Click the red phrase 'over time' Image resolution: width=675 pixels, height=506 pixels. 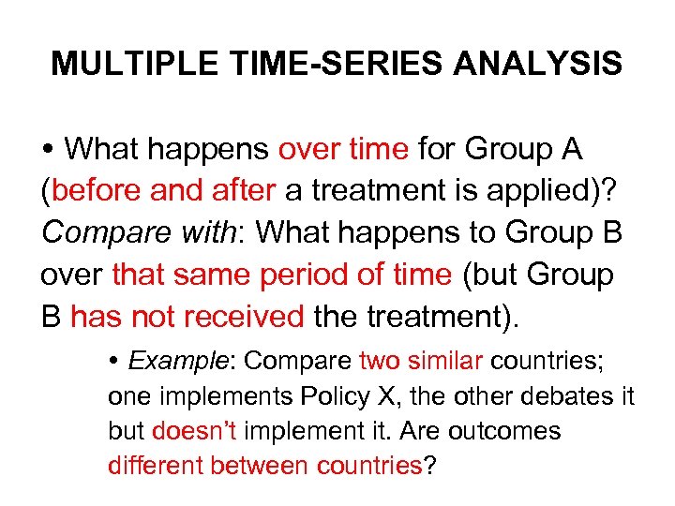pyautogui.click(x=343, y=148)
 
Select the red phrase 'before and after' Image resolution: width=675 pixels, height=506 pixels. pyautogui.click(x=164, y=190)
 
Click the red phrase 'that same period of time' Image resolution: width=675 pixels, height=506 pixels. pyautogui.click(x=281, y=275)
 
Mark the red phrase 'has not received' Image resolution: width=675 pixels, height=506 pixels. pyautogui.click(x=187, y=317)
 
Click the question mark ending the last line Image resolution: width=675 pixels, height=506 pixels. pyautogui.click(x=430, y=466)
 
